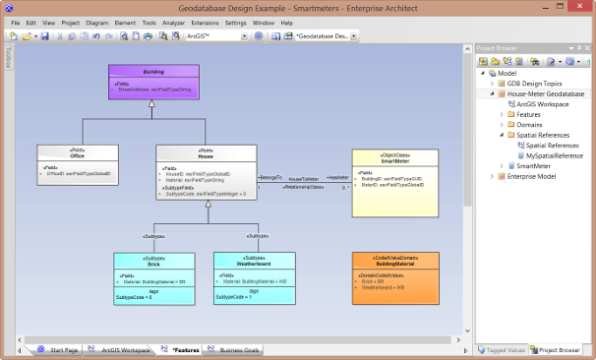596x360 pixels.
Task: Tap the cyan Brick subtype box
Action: [153, 278]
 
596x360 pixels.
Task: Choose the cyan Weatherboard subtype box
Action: [254, 278]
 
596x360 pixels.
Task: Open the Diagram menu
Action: [97, 22]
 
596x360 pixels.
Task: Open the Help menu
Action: [287, 22]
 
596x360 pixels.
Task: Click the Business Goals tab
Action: [239, 349]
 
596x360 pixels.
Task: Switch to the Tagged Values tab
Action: [506, 349]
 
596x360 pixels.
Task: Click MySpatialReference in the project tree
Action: [554, 155]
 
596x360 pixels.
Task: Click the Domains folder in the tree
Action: [529, 125]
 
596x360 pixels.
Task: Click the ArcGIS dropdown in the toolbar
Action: [214, 35]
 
